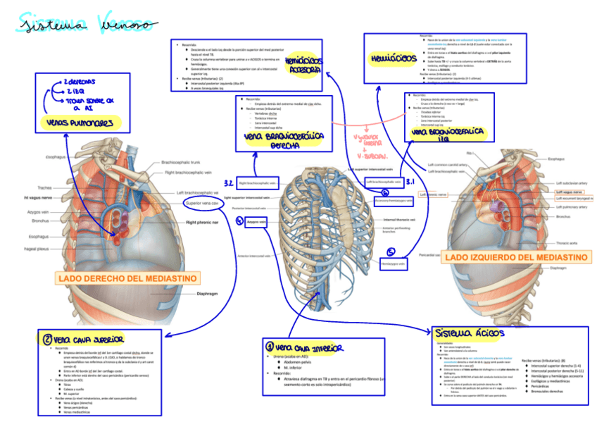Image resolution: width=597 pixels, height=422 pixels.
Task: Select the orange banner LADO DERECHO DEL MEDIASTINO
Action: click(x=126, y=278)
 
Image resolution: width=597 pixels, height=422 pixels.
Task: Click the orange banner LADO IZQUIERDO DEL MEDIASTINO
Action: click(x=516, y=258)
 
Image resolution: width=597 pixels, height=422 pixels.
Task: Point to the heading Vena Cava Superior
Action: click(x=79, y=340)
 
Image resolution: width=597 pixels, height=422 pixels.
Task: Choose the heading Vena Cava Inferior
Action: click(x=304, y=347)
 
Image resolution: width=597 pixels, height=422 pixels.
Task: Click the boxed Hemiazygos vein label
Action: click(x=394, y=264)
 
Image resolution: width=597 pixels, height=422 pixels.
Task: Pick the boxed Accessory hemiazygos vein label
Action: click(x=394, y=200)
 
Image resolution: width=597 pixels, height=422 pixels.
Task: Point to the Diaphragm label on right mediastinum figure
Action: click(x=208, y=293)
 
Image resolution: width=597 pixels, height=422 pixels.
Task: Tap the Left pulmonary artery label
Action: click(x=572, y=208)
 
